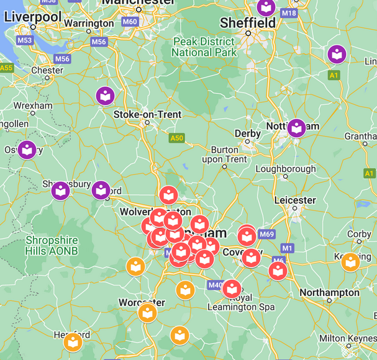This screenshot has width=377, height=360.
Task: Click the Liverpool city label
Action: (33, 17)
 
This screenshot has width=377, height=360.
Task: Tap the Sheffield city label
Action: (248, 23)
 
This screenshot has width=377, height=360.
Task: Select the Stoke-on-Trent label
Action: (147, 114)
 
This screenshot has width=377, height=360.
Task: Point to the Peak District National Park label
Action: (204, 47)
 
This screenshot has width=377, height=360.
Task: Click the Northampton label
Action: (329, 292)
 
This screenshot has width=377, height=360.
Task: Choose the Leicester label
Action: (295, 200)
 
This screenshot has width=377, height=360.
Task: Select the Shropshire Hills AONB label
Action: (52, 245)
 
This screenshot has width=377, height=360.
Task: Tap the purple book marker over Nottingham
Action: (296, 128)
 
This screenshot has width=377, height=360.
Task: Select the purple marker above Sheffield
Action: (266, 7)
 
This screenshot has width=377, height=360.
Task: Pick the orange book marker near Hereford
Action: (73, 341)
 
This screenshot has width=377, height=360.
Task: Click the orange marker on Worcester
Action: (147, 312)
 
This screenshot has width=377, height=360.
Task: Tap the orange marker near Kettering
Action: (350, 262)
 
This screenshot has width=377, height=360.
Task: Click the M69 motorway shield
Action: (266, 234)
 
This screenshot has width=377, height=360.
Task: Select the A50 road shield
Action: (176, 138)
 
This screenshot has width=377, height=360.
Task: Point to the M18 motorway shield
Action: (289, 12)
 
